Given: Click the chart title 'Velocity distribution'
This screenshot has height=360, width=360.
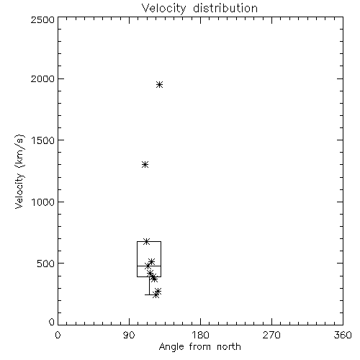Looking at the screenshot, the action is click(x=199, y=9).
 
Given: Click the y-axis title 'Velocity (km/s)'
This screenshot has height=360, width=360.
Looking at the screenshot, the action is click(x=19, y=171).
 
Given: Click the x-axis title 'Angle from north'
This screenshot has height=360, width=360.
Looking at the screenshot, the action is click(x=199, y=347).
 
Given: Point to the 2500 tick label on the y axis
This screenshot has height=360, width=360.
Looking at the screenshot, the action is click(x=42, y=19).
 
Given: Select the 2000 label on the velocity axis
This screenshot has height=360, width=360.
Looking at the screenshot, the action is click(x=42, y=78).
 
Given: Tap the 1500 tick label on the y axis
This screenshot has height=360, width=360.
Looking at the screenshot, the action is click(x=43, y=140).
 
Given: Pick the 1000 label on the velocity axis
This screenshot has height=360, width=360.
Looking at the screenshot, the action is click(x=43, y=202).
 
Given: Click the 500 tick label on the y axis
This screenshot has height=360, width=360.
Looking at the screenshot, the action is click(x=46, y=264).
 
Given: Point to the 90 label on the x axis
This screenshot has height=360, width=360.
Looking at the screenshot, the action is click(x=129, y=335).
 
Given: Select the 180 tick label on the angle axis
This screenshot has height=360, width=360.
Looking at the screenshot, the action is click(x=200, y=335).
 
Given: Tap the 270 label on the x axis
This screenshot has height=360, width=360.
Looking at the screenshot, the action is click(x=271, y=335).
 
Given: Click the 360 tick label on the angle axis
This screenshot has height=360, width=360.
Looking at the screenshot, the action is click(x=343, y=335).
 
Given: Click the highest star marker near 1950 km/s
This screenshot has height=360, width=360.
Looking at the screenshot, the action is click(x=160, y=84).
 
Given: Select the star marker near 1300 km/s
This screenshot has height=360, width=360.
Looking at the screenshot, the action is click(x=145, y=165).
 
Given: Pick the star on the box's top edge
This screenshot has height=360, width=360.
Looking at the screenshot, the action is click(x=147, y=241).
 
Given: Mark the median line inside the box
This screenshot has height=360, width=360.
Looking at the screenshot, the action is click(x=149, y=266).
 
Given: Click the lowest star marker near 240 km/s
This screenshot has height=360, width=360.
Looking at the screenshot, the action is click(x=156, y=294).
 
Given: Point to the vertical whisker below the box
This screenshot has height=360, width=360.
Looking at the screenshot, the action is click(x=149, y=286).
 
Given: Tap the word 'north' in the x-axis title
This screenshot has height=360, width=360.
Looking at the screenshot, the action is click(x=229, y=347).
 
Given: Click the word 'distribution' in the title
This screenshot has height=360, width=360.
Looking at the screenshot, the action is click(x=225, y=9).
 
